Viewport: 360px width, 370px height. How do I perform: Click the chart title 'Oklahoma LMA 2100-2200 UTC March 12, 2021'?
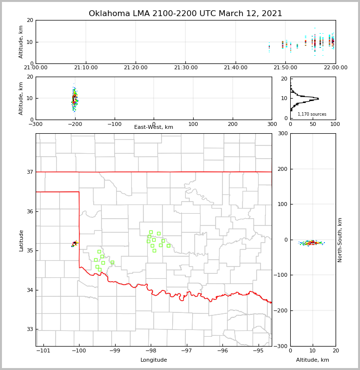click(185, 14)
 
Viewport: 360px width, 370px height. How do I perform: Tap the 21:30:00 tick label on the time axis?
click(185, 67)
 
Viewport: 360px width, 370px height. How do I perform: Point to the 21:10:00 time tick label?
click(85, 67)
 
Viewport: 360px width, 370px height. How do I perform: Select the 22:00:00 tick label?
click(335, 67)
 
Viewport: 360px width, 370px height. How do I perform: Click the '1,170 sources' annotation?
click(312, 114)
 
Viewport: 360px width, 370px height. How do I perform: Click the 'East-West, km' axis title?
click(154, 127)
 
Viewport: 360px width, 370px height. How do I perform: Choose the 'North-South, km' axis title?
click(340, 240)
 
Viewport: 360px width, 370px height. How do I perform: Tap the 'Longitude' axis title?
click(154, 360)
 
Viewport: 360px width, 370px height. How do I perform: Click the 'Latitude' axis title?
click(21, 240)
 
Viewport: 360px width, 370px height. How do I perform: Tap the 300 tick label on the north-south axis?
click(282, 134)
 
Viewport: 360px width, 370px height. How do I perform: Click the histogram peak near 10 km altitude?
click(317, 99)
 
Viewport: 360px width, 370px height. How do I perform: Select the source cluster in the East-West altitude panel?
click(74, 99)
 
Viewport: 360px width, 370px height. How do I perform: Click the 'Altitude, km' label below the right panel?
click(313, 360)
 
